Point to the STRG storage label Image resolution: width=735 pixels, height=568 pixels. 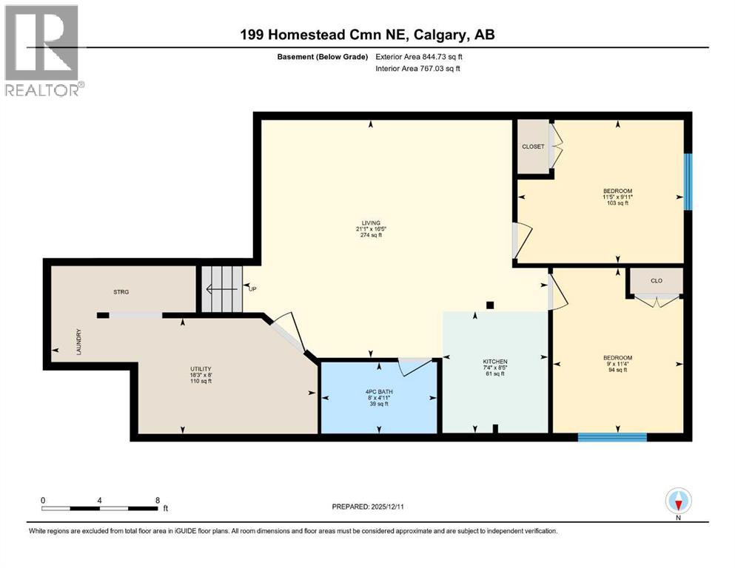(121, 292)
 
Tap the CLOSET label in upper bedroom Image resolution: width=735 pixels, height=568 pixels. (533, 146)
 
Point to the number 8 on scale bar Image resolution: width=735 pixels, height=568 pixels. (157, 500)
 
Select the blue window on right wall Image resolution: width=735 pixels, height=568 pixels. (688, 181)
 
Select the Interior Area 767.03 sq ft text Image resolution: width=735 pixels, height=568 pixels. (420, 69)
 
